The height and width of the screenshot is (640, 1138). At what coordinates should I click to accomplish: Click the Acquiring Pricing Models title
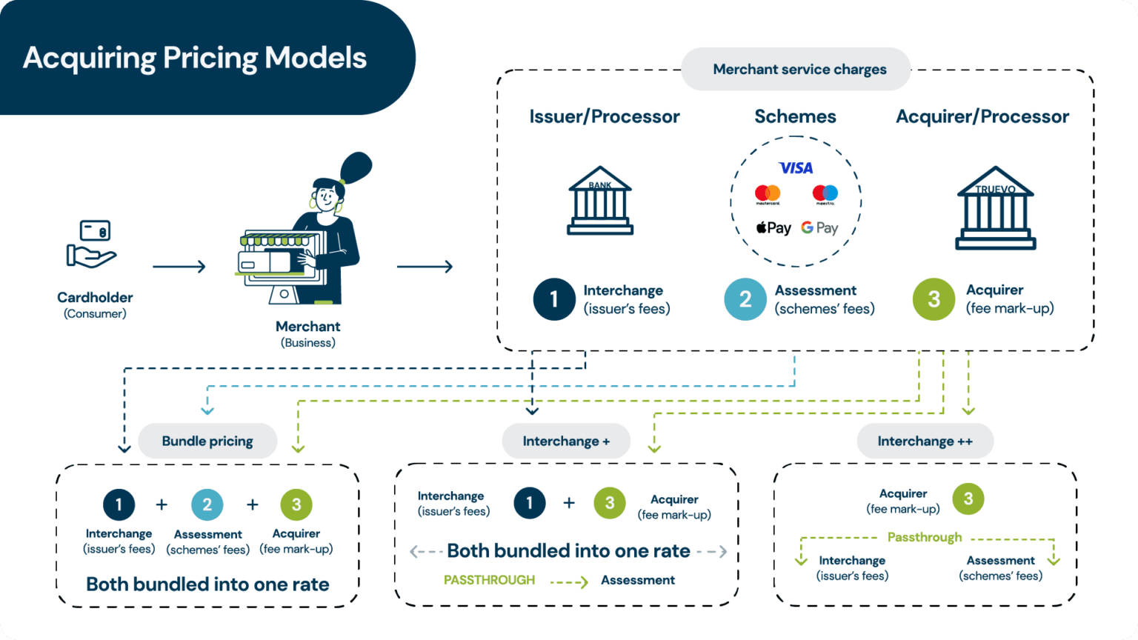point(194,58)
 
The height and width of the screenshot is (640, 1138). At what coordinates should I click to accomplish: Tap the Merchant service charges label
point(799,69)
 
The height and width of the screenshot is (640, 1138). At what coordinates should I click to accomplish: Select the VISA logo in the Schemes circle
point(796,168)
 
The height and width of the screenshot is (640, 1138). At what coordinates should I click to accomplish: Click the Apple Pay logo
point(773,228)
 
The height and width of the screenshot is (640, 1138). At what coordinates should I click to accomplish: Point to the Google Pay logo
point(819,228)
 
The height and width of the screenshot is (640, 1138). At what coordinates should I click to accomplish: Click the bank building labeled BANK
point(600,201)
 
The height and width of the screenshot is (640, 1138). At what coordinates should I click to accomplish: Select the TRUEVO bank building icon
point(995,208)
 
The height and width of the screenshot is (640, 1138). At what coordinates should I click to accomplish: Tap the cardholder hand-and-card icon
point(91,244)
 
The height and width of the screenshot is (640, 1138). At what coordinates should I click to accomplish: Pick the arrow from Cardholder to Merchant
point(179,267)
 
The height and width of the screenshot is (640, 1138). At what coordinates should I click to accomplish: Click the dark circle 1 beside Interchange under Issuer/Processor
point(554,299)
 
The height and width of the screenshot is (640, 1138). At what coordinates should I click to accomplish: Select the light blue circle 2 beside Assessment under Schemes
point(745,299)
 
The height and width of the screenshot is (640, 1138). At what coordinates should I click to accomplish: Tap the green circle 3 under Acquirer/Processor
point(934,299)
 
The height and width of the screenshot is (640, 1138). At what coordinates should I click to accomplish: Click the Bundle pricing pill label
point(207,441)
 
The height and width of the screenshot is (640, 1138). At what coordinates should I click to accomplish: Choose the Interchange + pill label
point(566,441)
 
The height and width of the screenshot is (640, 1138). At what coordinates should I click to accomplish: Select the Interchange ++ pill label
point(925,441)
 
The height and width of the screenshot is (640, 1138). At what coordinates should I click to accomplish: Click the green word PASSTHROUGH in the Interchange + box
point(489,580)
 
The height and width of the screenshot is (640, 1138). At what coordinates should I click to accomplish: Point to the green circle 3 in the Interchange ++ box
point(968,499)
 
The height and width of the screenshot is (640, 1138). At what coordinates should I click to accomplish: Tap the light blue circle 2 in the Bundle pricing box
point(207,504)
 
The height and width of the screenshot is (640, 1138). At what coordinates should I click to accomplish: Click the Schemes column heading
point(795,116)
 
